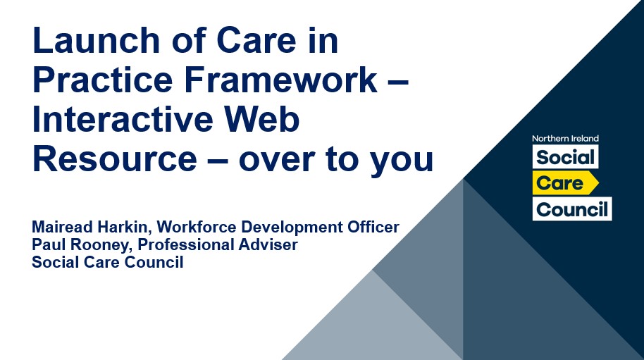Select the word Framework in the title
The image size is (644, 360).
coord(281,80)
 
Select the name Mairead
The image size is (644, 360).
coord(58,227)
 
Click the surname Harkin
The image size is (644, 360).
coord(120,228)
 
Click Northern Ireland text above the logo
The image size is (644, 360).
coord(565,139)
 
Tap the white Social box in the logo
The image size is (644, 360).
coord(565,157)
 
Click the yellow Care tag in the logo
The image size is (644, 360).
coord(565,183)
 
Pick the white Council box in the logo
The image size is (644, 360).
coord(571,209)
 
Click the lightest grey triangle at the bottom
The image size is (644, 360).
coord(372,328)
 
